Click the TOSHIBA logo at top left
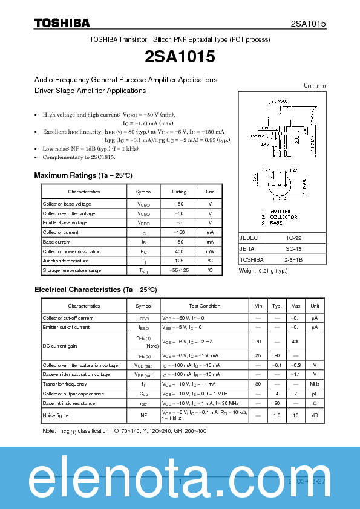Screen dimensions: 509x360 [62, 23]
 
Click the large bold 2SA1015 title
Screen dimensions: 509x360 [180, 56]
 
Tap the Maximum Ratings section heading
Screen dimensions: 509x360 [83, 175]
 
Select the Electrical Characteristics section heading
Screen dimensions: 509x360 [96, 290]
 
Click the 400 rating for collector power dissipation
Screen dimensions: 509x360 [179, 251]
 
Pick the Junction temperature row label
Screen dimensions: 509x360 [65, 261]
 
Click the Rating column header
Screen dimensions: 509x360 [179, 192]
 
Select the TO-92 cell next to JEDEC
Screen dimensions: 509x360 [294, 238]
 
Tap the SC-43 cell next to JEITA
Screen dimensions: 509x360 [293, 248]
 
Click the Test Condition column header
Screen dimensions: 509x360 [205, 306]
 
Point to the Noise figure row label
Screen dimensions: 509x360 [56, 415]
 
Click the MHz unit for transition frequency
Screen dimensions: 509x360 [315, 384]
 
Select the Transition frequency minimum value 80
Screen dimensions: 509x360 [258, 384]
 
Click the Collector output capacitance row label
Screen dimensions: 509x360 [73, 394]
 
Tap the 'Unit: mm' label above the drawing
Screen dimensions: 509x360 [314, 85]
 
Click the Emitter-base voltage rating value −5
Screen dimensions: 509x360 [179, 222]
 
